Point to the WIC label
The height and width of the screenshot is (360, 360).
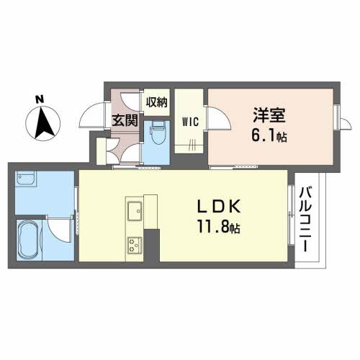pos(190,121)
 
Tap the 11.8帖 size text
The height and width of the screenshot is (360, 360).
pos(219,228)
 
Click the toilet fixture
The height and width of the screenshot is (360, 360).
pos(158,132)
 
